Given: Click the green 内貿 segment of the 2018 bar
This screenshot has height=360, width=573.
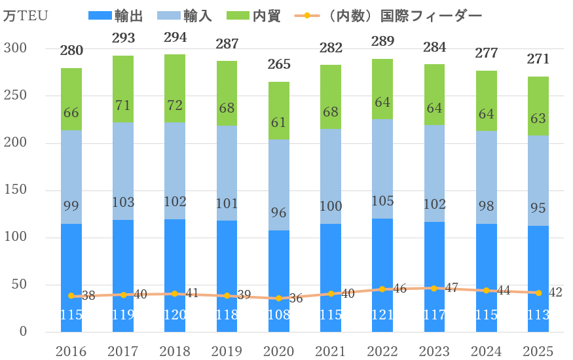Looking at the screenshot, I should click(x=175, y=88).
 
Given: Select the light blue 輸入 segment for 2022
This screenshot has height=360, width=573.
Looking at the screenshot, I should click(x=382, y=169).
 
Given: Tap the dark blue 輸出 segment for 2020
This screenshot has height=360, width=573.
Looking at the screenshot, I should click(x=279, y=275).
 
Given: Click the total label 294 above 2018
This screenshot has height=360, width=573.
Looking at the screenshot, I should click(x=175, y=38).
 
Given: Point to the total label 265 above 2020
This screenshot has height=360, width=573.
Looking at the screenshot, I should click(x=279, y=65).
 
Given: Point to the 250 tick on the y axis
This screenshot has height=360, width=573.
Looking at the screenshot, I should click(x=15, y=96).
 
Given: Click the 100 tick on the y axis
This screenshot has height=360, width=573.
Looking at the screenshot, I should click(x=15, y=237).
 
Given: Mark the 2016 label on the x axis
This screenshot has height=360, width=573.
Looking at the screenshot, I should click(x=71, y=351).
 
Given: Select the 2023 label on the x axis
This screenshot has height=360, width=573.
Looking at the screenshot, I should click(x=434, y=351).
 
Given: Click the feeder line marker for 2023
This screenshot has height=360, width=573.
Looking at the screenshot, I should click(x=434, y=288).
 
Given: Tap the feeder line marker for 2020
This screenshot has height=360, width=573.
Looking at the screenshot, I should click(x=279, y=298).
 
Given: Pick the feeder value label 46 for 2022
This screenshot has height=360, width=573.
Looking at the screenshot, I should click(x=399, y=289).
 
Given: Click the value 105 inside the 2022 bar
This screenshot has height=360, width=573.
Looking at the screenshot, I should click(x=382, y=200).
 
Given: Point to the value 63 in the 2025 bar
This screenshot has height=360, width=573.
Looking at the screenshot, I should click(x=538, y=118).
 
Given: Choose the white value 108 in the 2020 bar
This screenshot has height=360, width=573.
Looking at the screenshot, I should click(x=279, y=315).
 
